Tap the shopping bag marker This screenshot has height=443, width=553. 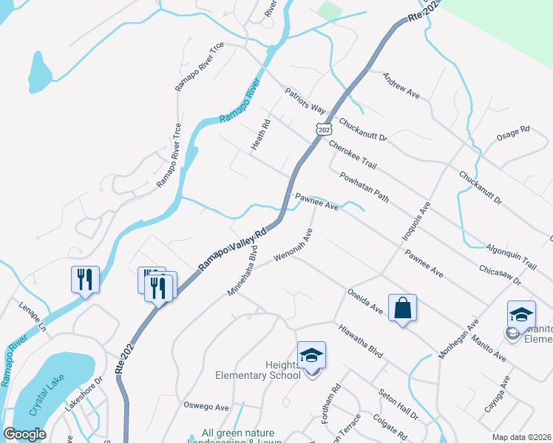pos(402,309)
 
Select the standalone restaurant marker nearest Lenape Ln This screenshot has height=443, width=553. pos(84,280)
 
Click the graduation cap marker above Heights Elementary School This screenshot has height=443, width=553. pos(311,357)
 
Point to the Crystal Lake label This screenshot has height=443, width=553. pos(44,396)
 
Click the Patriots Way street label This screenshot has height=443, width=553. pos(305,100)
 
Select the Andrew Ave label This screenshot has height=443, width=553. pos(401,85)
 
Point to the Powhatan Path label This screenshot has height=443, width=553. pos(364,188)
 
